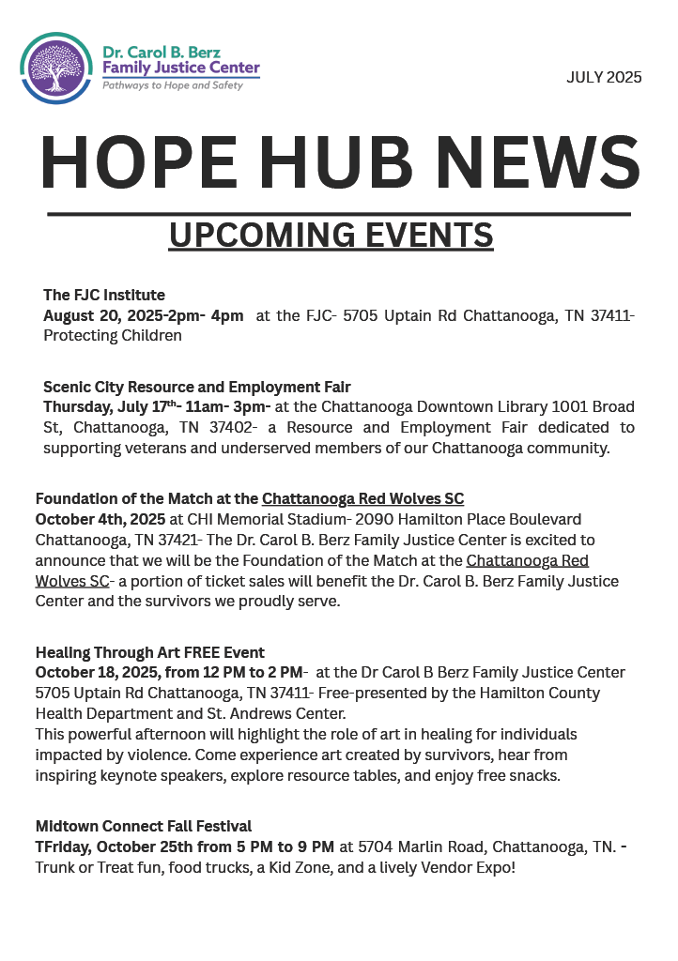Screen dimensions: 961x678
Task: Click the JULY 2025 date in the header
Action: [x=604, y=78]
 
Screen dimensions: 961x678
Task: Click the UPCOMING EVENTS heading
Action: [x=331, y=235]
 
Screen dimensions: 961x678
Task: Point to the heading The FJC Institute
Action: [x=104, y=296]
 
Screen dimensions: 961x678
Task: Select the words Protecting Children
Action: [x=113, y=336]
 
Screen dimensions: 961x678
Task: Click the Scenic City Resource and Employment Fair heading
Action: [x=197, y=387]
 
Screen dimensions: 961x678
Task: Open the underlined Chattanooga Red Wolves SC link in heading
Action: [x=362, y=498]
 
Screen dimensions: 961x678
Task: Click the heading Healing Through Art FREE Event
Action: [x=150, y=652]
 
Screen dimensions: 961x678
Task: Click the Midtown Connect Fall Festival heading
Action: [x=144, y=826]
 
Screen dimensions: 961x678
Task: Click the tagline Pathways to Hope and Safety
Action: [x=173, y=85]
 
